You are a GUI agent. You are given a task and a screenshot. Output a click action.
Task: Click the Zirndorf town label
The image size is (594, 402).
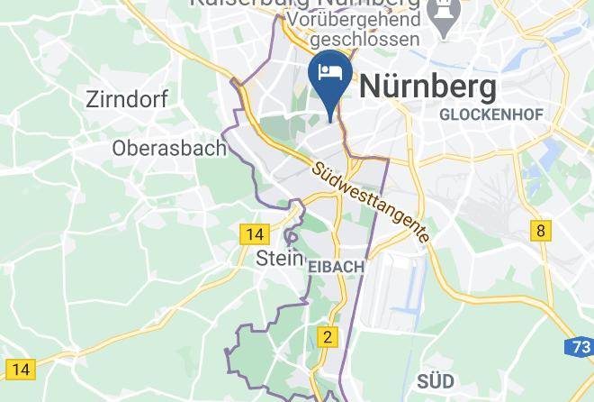point(126,99)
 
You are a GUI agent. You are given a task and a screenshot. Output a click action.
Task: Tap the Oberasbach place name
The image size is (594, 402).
point(169,148)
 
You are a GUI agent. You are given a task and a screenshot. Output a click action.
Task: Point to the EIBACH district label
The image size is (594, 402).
point(336,267)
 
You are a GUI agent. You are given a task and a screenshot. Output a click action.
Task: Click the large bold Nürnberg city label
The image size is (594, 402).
point(427,87)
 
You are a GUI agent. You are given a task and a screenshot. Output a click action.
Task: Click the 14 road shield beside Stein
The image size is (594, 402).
point(255,234)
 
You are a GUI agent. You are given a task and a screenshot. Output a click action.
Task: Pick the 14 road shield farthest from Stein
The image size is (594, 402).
point(20,369)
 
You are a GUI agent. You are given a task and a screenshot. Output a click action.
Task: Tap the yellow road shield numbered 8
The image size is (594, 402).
point(540,230)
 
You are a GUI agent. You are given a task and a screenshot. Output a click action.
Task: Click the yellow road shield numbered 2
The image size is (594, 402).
point(328,337)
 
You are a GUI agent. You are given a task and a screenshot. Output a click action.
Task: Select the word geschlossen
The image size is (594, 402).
point(364,40)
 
